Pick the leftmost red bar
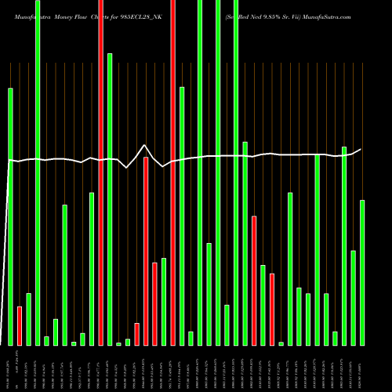(20, 325)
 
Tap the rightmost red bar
(272, 309)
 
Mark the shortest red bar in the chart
(137, 334)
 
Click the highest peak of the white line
(145, 145)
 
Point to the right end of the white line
(361, 149)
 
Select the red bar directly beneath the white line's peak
(146, 251)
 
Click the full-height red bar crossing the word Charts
(101, 172)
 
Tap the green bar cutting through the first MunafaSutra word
(38, 172)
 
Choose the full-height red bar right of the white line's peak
(173, 172)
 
